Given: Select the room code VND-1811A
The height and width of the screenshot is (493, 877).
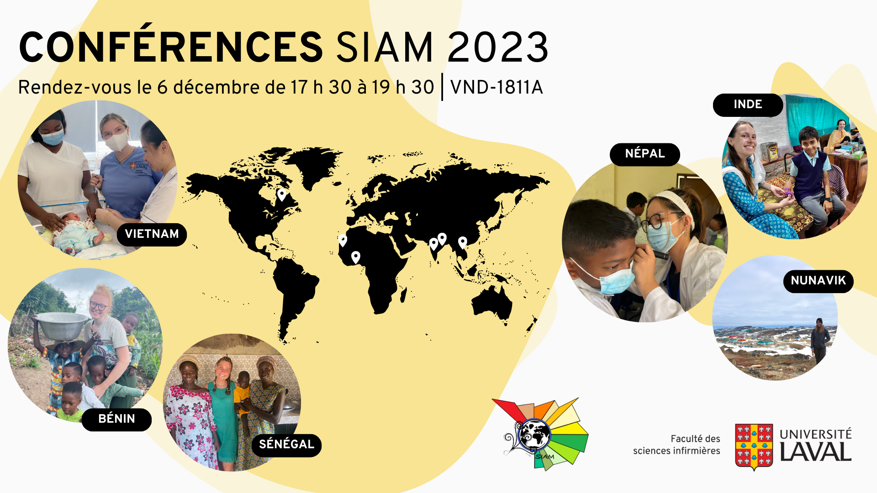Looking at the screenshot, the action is [x=497, y=87].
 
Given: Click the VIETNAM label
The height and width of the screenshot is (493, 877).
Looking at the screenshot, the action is [x=152, y=234].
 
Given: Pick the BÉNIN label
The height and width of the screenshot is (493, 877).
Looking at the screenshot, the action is [x=116, y=419].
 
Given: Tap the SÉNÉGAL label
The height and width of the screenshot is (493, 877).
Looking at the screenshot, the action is [x=286, y=445].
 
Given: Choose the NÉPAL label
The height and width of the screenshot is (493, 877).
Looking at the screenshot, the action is [x=645, y=154].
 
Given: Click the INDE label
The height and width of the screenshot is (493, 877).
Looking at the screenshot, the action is [x=748, y=105].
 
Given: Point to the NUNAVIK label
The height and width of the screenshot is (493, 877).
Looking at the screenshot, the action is [x=818, y=281].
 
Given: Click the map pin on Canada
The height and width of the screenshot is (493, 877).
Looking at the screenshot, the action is [x=282, y=194].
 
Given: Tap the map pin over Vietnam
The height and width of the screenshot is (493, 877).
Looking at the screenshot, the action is [x=462, y=242].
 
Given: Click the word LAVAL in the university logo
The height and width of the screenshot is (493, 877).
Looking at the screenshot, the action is [x=815, y=452].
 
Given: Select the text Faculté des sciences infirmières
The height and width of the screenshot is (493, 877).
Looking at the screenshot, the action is [x=676, y=445].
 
